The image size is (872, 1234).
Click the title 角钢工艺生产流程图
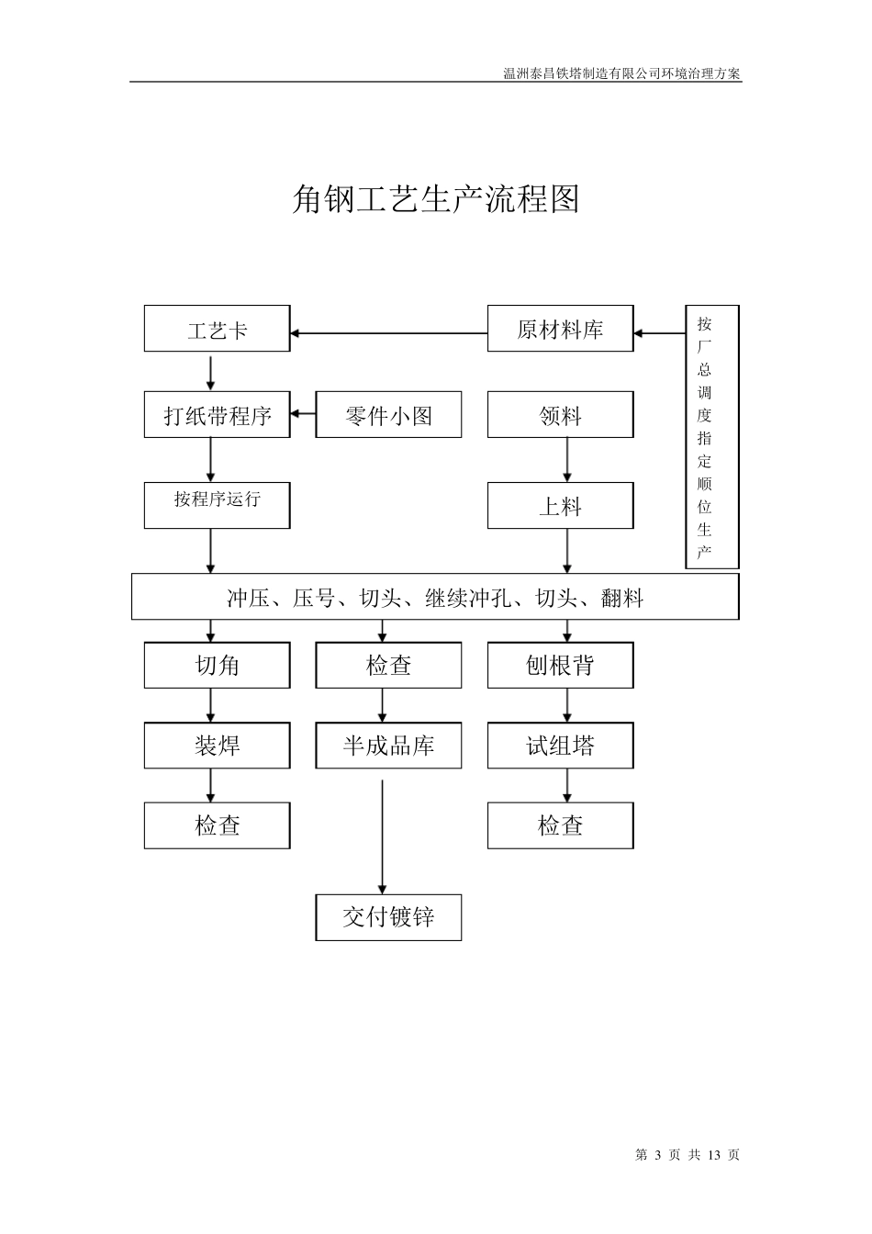coord(435,198)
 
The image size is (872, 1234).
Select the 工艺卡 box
coord(217,329)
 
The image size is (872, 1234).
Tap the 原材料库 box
coord(560,329)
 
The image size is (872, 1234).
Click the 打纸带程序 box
coord(217,415)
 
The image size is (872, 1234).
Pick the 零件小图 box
coord(388,415)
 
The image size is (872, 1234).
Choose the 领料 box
coord(560,415)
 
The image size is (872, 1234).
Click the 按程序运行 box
coord(217,505)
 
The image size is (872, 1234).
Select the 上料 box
coord(560,506)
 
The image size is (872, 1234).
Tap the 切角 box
coord(217,665)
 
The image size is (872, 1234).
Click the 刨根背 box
coord(560,665)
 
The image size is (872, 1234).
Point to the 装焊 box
coord(217,745)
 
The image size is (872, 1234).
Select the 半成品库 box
coord(388,745)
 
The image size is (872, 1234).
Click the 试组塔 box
coord(560,745)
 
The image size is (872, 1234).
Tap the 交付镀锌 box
coord(388,917)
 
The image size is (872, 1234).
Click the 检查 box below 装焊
coord(217,825)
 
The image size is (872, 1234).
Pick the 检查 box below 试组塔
coord(560,825)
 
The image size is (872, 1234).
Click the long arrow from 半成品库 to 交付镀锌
coord(383,836)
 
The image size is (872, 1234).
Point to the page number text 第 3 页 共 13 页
coord(687,1155)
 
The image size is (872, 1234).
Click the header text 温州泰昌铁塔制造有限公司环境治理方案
coord(621,73)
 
